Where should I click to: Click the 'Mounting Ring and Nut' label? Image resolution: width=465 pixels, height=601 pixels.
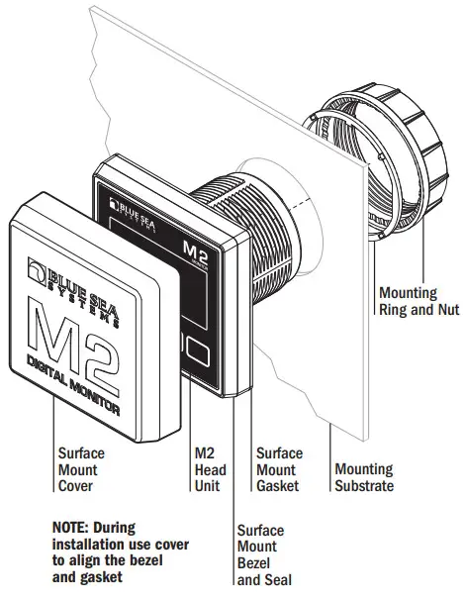(x=419, y=301)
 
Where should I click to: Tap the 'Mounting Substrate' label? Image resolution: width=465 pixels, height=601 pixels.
(x=363, y=477)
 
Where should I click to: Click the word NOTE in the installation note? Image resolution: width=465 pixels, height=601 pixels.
(x=73, y=527)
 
